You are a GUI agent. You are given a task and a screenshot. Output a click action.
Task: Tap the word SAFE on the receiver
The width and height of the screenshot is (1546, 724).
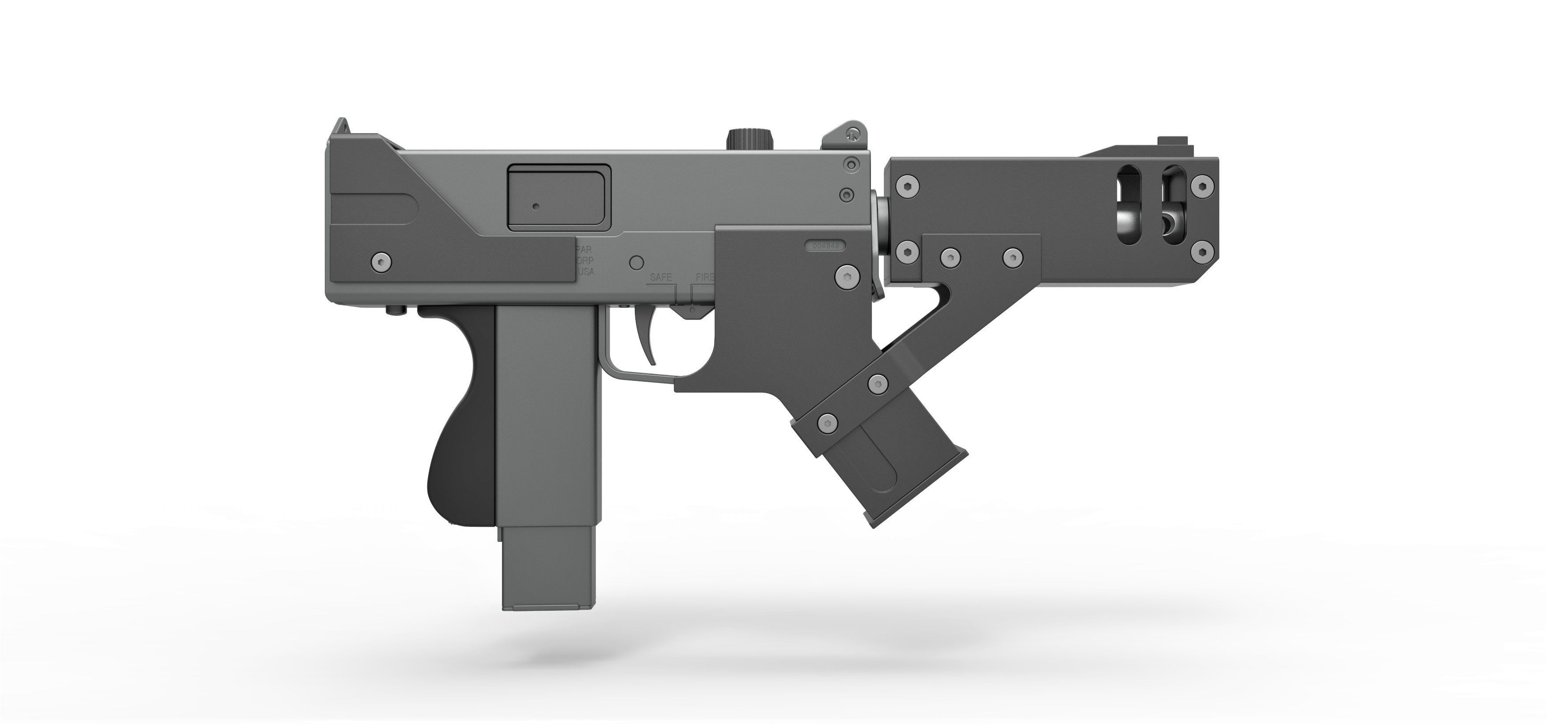click(x=661, y=277)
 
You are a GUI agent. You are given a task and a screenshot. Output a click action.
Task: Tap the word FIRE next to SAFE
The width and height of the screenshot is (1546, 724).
click(x=705, y=277)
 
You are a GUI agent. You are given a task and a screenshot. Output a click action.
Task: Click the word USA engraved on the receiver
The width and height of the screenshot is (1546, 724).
click(x=585, y=272)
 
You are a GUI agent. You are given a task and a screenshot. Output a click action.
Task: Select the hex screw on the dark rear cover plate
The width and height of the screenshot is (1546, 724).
click(x=381, y=260)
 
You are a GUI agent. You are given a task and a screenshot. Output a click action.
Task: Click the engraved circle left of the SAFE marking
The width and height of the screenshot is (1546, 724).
click(x=636, y=262)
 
